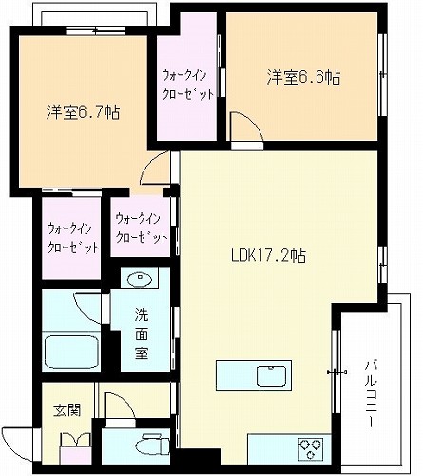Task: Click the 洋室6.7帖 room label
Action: tap(83, 111)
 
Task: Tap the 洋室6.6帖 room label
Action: tap(303, 77)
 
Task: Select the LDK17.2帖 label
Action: tap(268, 255)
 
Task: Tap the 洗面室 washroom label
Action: tap(142, 333)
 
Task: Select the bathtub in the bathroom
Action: tap(71, 351)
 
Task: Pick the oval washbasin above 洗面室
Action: tap(140, 279)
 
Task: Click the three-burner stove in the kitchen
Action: tap(311, 449)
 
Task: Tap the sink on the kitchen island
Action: tap(271, 375)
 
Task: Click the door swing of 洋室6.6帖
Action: tap(247, 128)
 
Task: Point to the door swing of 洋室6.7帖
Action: tap(155, 168)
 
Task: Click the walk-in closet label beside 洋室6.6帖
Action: tap(187, 85)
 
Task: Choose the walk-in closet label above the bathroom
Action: tap(73, 238)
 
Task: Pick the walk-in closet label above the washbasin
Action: tap(142, 228)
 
